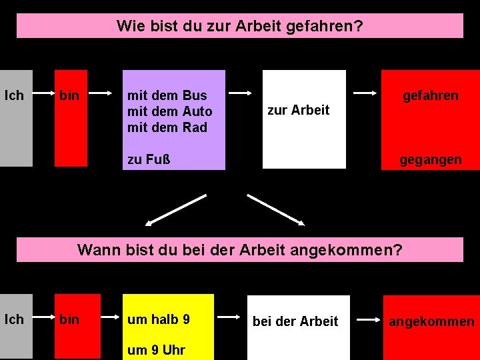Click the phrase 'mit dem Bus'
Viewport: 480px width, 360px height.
coord(167,95)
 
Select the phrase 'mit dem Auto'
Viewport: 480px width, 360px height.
coord(169,111)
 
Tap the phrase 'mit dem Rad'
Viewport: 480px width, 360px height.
coord(167,127)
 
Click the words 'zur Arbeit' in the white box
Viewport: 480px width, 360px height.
coord(298,110)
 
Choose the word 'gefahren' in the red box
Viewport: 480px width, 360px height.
coord(430,95)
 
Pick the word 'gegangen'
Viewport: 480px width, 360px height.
coord(430,159)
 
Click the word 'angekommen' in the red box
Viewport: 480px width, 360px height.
coord(431,322)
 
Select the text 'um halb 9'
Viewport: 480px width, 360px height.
coord(158,319)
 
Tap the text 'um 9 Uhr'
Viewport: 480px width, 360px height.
coord(156,350)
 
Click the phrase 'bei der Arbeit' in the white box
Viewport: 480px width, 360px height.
coord(295,321)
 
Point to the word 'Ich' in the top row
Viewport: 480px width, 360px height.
coord(14,95)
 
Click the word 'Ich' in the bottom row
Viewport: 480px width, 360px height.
coord(14,319)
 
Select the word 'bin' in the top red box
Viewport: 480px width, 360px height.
coord(69,95)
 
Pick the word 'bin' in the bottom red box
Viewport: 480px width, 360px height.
coord(69,319)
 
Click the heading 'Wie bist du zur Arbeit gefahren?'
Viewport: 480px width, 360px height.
coord(239,26)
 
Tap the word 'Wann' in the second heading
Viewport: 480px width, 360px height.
coord(96,250)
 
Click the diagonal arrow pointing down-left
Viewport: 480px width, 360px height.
coord(176,209)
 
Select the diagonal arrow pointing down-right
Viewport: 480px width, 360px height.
coord(276,209)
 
